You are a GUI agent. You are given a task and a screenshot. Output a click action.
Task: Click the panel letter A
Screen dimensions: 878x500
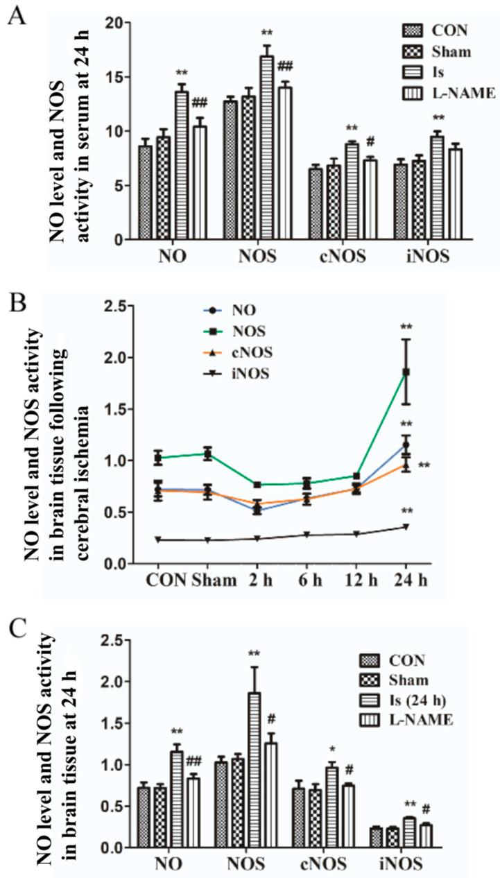point(17,15)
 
